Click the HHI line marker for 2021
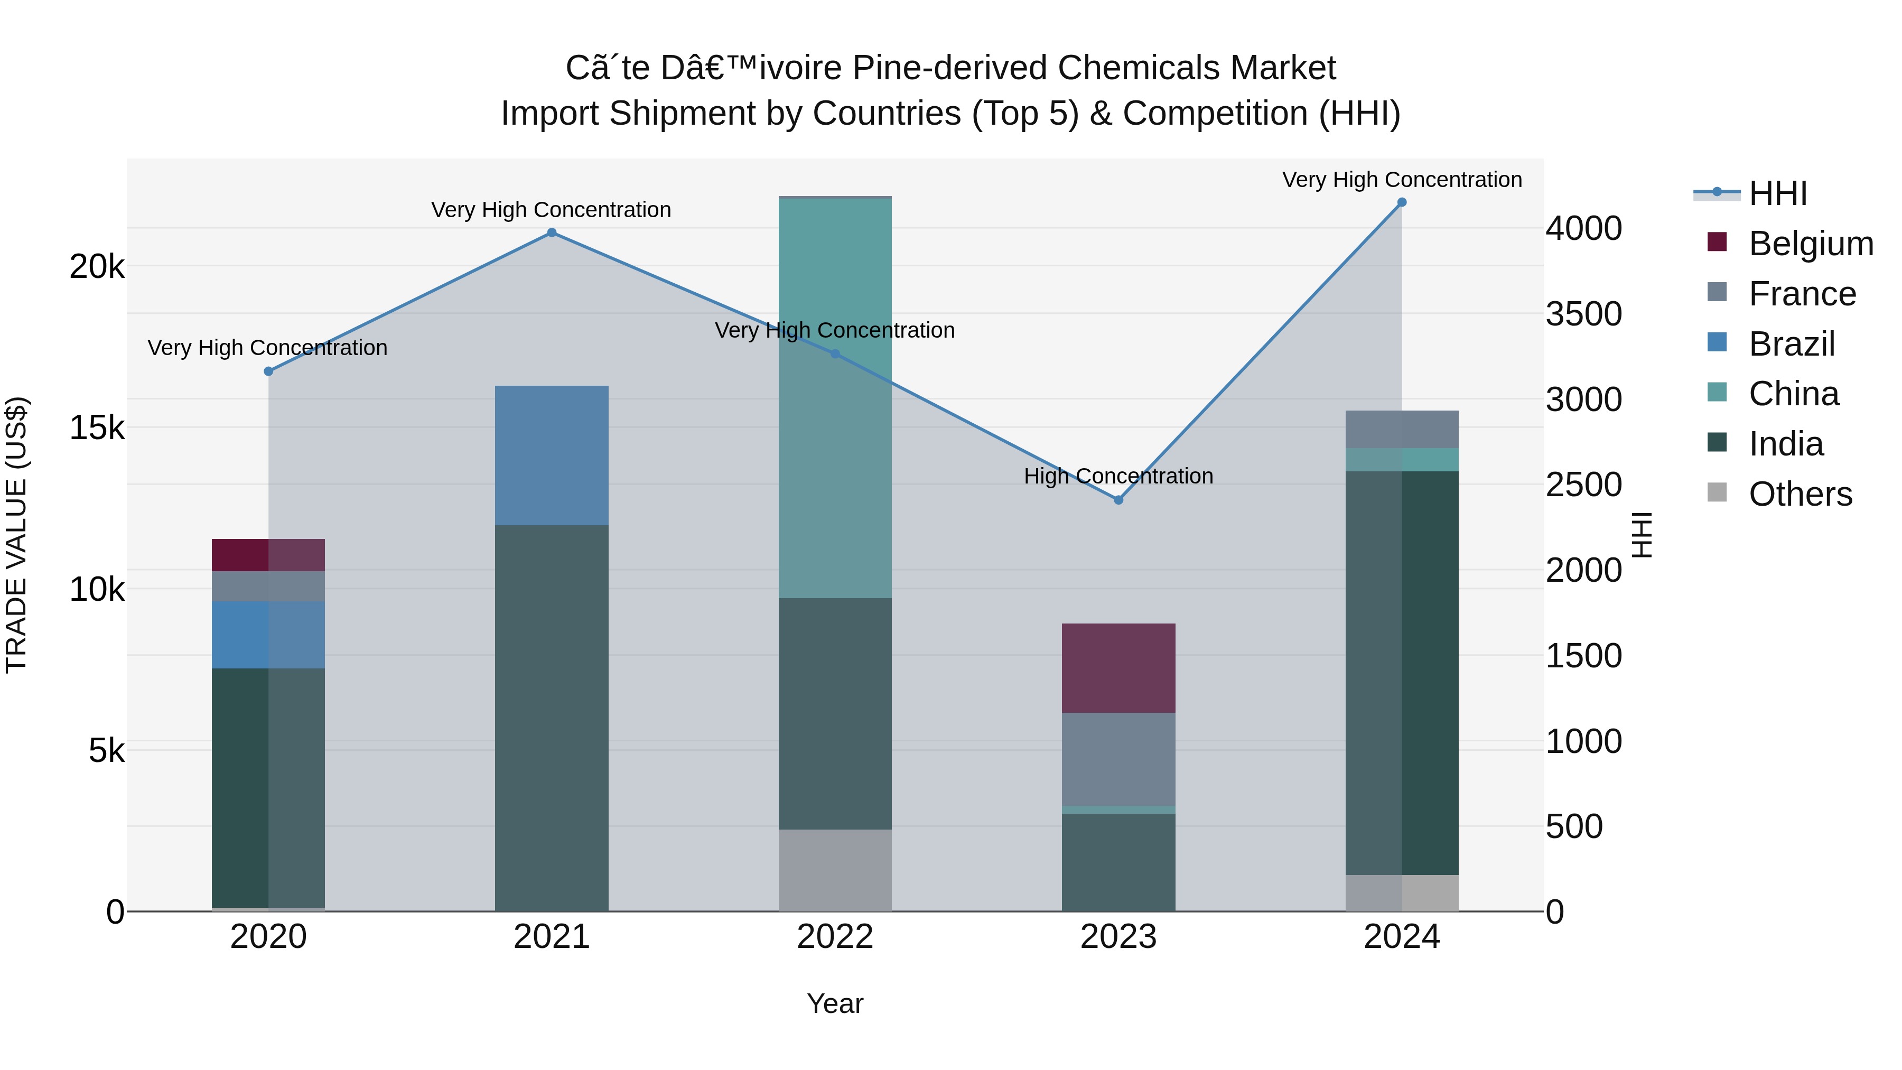[x=552, y=232]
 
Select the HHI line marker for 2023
[x=1118, y=500]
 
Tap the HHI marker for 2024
[x=1401, y=202]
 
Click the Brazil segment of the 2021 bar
[x=552, y=455]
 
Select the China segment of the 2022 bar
[x=835, y=399]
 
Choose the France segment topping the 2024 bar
[x=1401, y=429]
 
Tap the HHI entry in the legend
[x=1778, y=193]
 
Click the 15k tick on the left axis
[x=97, y=427]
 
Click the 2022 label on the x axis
[x=835, y=937]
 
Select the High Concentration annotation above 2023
[x=1118, y=476]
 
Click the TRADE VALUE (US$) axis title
[x=16, y=535]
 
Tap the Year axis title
[x=835, y=1003]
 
